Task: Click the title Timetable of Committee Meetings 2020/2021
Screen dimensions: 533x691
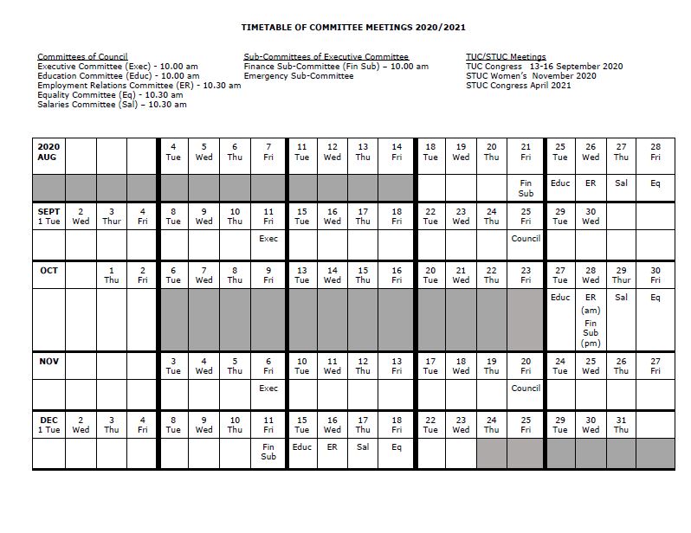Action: tap(345, 28)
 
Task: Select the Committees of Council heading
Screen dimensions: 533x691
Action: tap(82, 57)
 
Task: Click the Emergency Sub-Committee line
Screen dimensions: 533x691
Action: tap(298, 76)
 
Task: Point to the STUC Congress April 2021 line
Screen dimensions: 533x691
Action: tap(518, 86)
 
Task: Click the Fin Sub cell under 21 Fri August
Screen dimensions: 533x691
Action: tap(526, 188)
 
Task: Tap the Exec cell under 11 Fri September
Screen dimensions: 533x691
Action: tap(268, 239)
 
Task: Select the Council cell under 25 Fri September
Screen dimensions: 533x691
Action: tap(526, 239)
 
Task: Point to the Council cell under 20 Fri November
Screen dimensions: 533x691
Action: tap(526, 389)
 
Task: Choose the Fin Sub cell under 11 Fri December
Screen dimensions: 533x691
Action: tap(268, 452)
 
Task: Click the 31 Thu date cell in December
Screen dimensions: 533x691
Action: tap(621, 424)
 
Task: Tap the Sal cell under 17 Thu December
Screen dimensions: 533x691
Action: tap(363, 447)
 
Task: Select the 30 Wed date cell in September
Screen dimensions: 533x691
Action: tap(591, 215)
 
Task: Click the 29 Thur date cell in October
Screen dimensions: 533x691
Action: tap(621, 275)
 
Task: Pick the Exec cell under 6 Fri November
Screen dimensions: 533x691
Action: tap(268, 389)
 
